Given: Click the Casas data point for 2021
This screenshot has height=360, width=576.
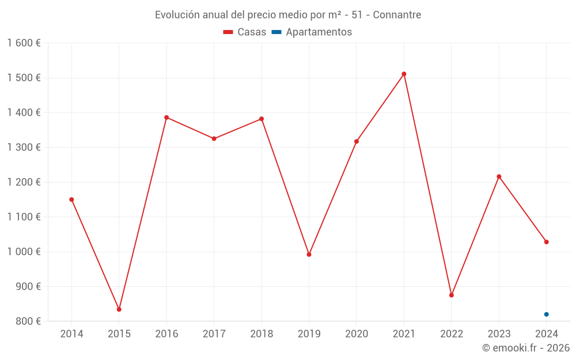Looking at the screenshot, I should (x=404, y=74).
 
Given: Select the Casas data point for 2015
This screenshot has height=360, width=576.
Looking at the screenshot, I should (x=119, y=309).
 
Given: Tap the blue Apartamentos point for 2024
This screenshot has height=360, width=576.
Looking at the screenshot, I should (x=546, y=314).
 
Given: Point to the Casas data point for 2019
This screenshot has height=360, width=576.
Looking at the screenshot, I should (x=309, y=254).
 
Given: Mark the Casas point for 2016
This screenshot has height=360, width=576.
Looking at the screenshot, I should (x=166, y=118).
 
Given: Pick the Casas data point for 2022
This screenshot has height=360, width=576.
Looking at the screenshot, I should (x=452, y=295).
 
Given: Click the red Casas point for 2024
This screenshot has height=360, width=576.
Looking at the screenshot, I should (x=546, y=242).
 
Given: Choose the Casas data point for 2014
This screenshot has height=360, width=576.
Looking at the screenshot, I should (x=71, y=199).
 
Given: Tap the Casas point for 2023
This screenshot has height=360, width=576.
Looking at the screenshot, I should (x=499, y=176).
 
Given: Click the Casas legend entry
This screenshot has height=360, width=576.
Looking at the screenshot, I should (x=245, y=32).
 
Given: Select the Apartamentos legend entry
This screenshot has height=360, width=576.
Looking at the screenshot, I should (x=312, y=32).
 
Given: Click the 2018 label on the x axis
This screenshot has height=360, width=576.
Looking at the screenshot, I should (x=262, y=334).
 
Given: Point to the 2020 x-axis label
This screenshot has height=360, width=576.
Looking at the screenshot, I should (x=357, y=334).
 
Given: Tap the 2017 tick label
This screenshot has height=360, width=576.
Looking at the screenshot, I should (x=214, y=334).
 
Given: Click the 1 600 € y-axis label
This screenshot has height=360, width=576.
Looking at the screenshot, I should (x=24, y=43).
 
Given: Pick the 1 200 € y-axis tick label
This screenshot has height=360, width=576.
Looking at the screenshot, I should (x=24, y=182).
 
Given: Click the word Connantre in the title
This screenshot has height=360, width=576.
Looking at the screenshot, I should (x=397, y=15).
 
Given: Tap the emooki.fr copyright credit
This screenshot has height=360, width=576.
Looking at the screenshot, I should (x=526, y=348).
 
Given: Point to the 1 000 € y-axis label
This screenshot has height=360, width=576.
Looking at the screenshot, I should (x=24, y=252).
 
